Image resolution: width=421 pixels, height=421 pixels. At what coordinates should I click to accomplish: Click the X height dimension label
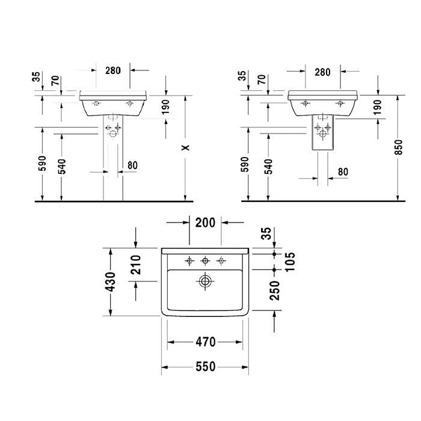185,148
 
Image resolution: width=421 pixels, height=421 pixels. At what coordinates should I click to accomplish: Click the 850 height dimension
399,147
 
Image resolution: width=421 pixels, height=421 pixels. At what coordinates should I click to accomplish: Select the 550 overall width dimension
206,366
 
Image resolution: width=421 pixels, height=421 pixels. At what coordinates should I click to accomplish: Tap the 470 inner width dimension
206,342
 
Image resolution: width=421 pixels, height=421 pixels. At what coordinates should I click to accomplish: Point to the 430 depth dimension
110,281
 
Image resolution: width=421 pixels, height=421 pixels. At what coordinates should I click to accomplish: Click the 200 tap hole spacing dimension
206,223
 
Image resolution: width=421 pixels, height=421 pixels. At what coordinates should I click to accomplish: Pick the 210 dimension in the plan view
135,265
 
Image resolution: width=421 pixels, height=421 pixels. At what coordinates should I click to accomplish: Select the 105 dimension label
290,262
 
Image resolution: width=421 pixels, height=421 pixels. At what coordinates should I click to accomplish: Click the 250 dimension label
275,290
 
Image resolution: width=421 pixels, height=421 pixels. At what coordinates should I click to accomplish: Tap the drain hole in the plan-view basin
205,281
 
